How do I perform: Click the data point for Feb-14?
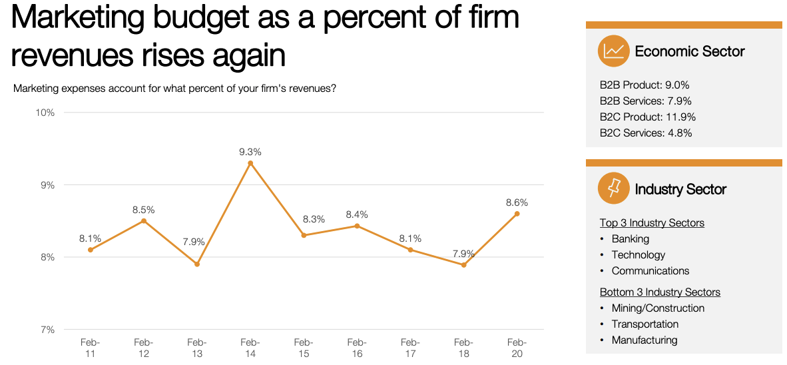coord(250,163)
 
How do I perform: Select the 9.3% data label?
coord(250,153)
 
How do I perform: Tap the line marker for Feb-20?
coord(517,214)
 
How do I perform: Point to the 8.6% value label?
coord(517,202)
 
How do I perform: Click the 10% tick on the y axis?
coord(45,113)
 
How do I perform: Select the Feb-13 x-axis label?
coord(197,348)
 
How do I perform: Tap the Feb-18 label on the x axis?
coord(463,348)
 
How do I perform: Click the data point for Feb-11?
coord(91,250)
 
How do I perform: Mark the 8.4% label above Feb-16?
coord(357,214)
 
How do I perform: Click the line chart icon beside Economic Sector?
coord(614,51)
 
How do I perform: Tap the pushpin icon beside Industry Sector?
coord(614,188)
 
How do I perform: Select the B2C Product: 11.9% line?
coord(647,117)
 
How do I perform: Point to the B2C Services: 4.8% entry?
coord(646,133)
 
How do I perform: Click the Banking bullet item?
coord(630,239)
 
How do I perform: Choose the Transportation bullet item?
coord(645,324)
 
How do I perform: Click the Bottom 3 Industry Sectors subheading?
coord(660,292)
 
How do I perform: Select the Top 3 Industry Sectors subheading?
coord(652,223)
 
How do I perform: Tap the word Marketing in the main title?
coord(77,18)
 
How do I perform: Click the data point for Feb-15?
coord(304,235)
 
